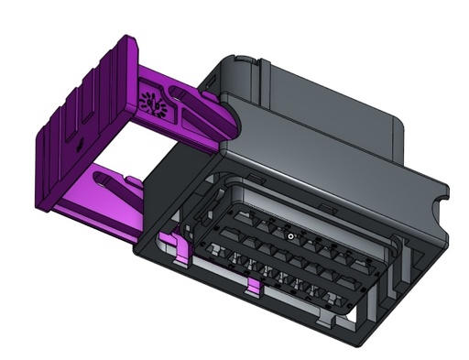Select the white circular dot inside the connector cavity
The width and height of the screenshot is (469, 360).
[290, 236]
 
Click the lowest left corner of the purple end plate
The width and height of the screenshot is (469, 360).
[40, 206]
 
